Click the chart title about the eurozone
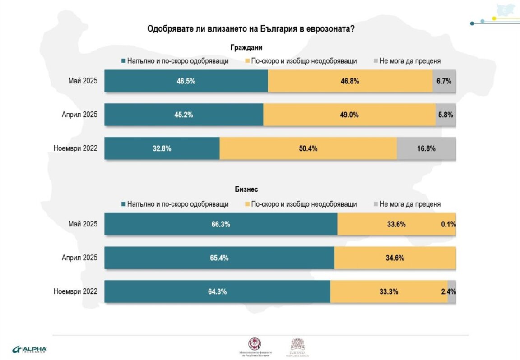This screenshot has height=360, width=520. (251, 28)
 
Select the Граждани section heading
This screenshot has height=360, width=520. (246, 47)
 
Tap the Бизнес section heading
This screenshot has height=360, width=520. (246, 190)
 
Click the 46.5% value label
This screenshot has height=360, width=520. (186, 81)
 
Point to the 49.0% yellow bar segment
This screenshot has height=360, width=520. (349, 115)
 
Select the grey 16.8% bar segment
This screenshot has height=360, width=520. (426, 148)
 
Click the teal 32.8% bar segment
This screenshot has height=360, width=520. (162, 148)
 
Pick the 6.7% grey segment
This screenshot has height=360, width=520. (444, 81)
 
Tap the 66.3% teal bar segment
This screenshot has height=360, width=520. (221, 224)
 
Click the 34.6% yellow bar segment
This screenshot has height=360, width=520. (395, 258)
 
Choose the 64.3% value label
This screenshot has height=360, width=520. (217, 291)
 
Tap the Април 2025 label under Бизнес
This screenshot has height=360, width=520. (79, 258)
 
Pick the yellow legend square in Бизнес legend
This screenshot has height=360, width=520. (247, 204)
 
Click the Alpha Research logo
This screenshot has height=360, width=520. (29, 349)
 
